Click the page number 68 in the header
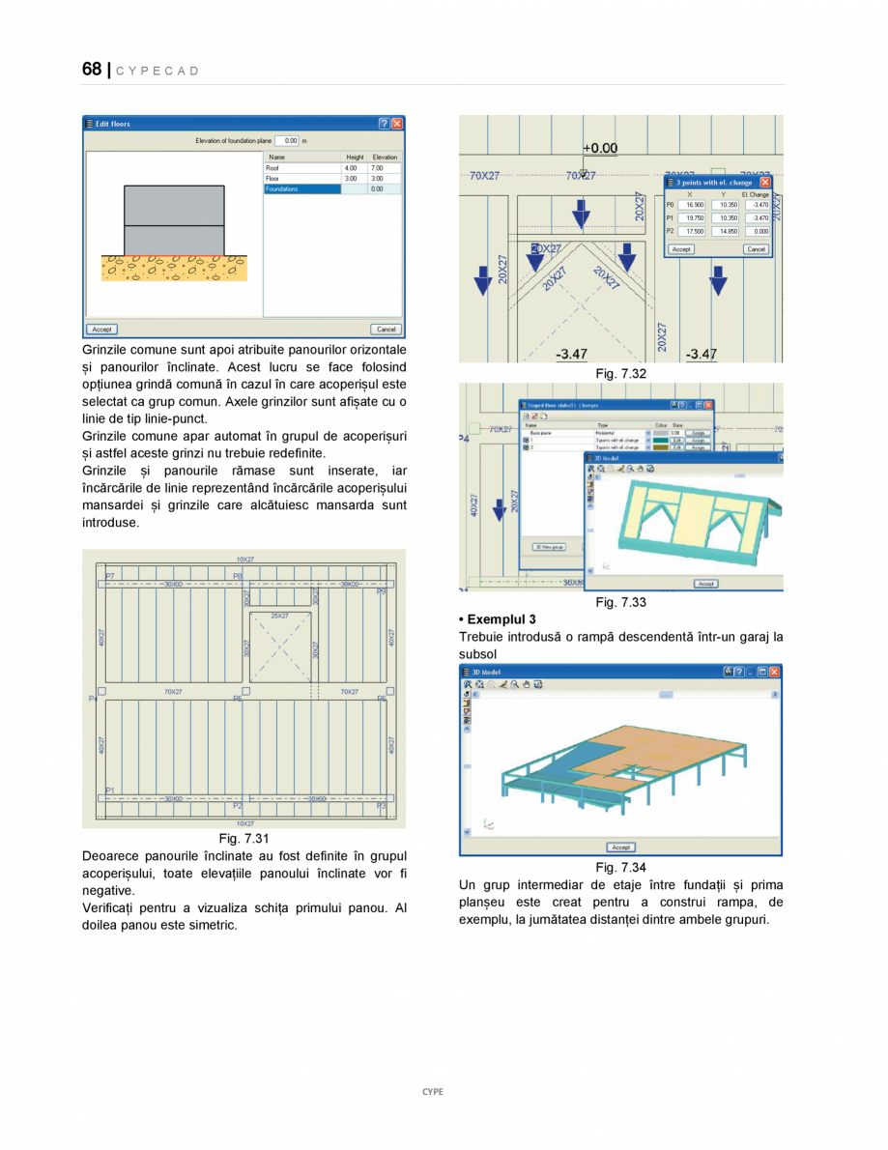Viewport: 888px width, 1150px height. [x=92, y=69]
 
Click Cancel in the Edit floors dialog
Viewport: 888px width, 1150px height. [x=386, y=330]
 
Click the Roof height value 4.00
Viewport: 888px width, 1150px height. [x=351, y=168]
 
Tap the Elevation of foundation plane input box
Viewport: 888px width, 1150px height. [x=287, y=140]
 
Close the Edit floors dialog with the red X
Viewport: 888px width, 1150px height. [x=398, y=124]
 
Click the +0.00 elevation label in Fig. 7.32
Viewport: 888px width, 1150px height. [x=600, y=148]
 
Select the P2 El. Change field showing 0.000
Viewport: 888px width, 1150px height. [x=757, y=232]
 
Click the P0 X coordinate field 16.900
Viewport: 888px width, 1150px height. [x=693, y=205]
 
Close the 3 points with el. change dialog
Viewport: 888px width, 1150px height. [x=765, y=182]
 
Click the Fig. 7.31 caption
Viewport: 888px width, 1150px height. [x=243, y=838]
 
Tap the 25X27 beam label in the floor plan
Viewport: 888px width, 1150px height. [x=280, y=616]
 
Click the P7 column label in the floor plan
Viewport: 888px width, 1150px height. [x=110, y=576]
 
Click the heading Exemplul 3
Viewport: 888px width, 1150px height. [x=498, y=618]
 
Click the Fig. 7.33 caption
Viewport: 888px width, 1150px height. [x=620, y=602]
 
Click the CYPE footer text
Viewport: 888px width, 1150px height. [x=433, y=1092]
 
